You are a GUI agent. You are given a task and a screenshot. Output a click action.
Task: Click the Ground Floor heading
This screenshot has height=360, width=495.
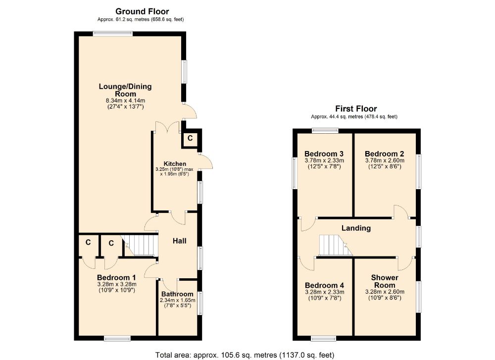(142, 11)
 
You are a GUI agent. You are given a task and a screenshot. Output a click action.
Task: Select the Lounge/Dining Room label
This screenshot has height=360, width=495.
(125, 90)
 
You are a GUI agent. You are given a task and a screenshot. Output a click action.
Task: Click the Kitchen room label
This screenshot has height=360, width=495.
(175, 164)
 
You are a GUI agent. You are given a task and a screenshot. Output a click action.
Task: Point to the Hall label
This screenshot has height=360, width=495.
(179, 241)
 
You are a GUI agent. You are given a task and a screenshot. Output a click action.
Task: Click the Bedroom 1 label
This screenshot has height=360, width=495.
(116, 277)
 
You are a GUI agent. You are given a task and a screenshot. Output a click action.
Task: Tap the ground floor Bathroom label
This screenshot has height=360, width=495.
(177, 294)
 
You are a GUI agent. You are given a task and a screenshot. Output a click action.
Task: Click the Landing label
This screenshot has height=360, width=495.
(356, 228)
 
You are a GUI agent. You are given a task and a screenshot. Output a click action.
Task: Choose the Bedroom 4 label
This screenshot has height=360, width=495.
(324, 285)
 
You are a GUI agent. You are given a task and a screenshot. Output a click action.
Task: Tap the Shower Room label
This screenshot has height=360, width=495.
(385, 281)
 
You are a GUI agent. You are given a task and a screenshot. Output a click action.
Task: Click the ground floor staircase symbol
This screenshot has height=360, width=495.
(139, 245)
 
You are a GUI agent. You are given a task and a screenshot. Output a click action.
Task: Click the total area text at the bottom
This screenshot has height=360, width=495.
(245, 355)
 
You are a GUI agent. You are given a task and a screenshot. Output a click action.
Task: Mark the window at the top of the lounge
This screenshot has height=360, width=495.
(113, 33)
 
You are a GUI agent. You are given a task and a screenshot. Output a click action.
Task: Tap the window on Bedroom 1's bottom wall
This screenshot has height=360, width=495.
(117, 339)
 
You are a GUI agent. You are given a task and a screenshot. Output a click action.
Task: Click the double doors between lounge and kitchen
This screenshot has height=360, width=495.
(167, 127)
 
